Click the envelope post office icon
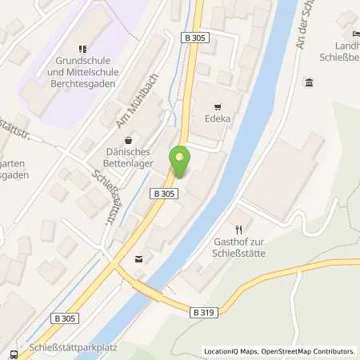tap(141, 258)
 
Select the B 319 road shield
tap(202, 312)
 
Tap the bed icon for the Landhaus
tap(354, 34)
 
